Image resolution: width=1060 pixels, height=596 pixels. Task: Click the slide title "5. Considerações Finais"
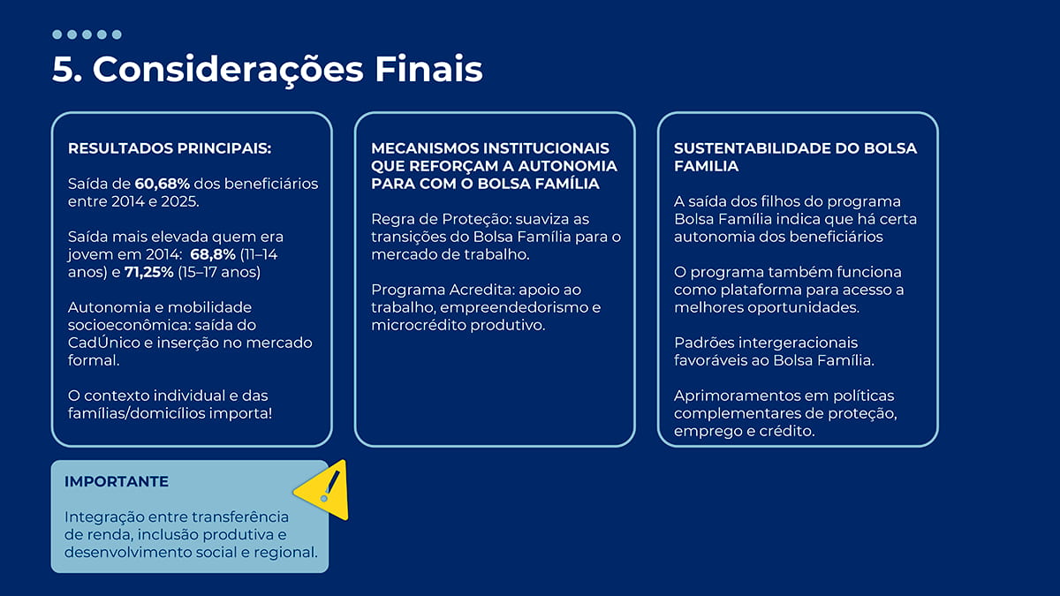pyautogui.click(x=267, y=69)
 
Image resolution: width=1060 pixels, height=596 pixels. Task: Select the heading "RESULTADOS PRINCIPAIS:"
pyautogui.click(x=170, y=148)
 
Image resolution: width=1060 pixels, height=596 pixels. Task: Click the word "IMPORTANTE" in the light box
pyautogui.click(x=117, y=482)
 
